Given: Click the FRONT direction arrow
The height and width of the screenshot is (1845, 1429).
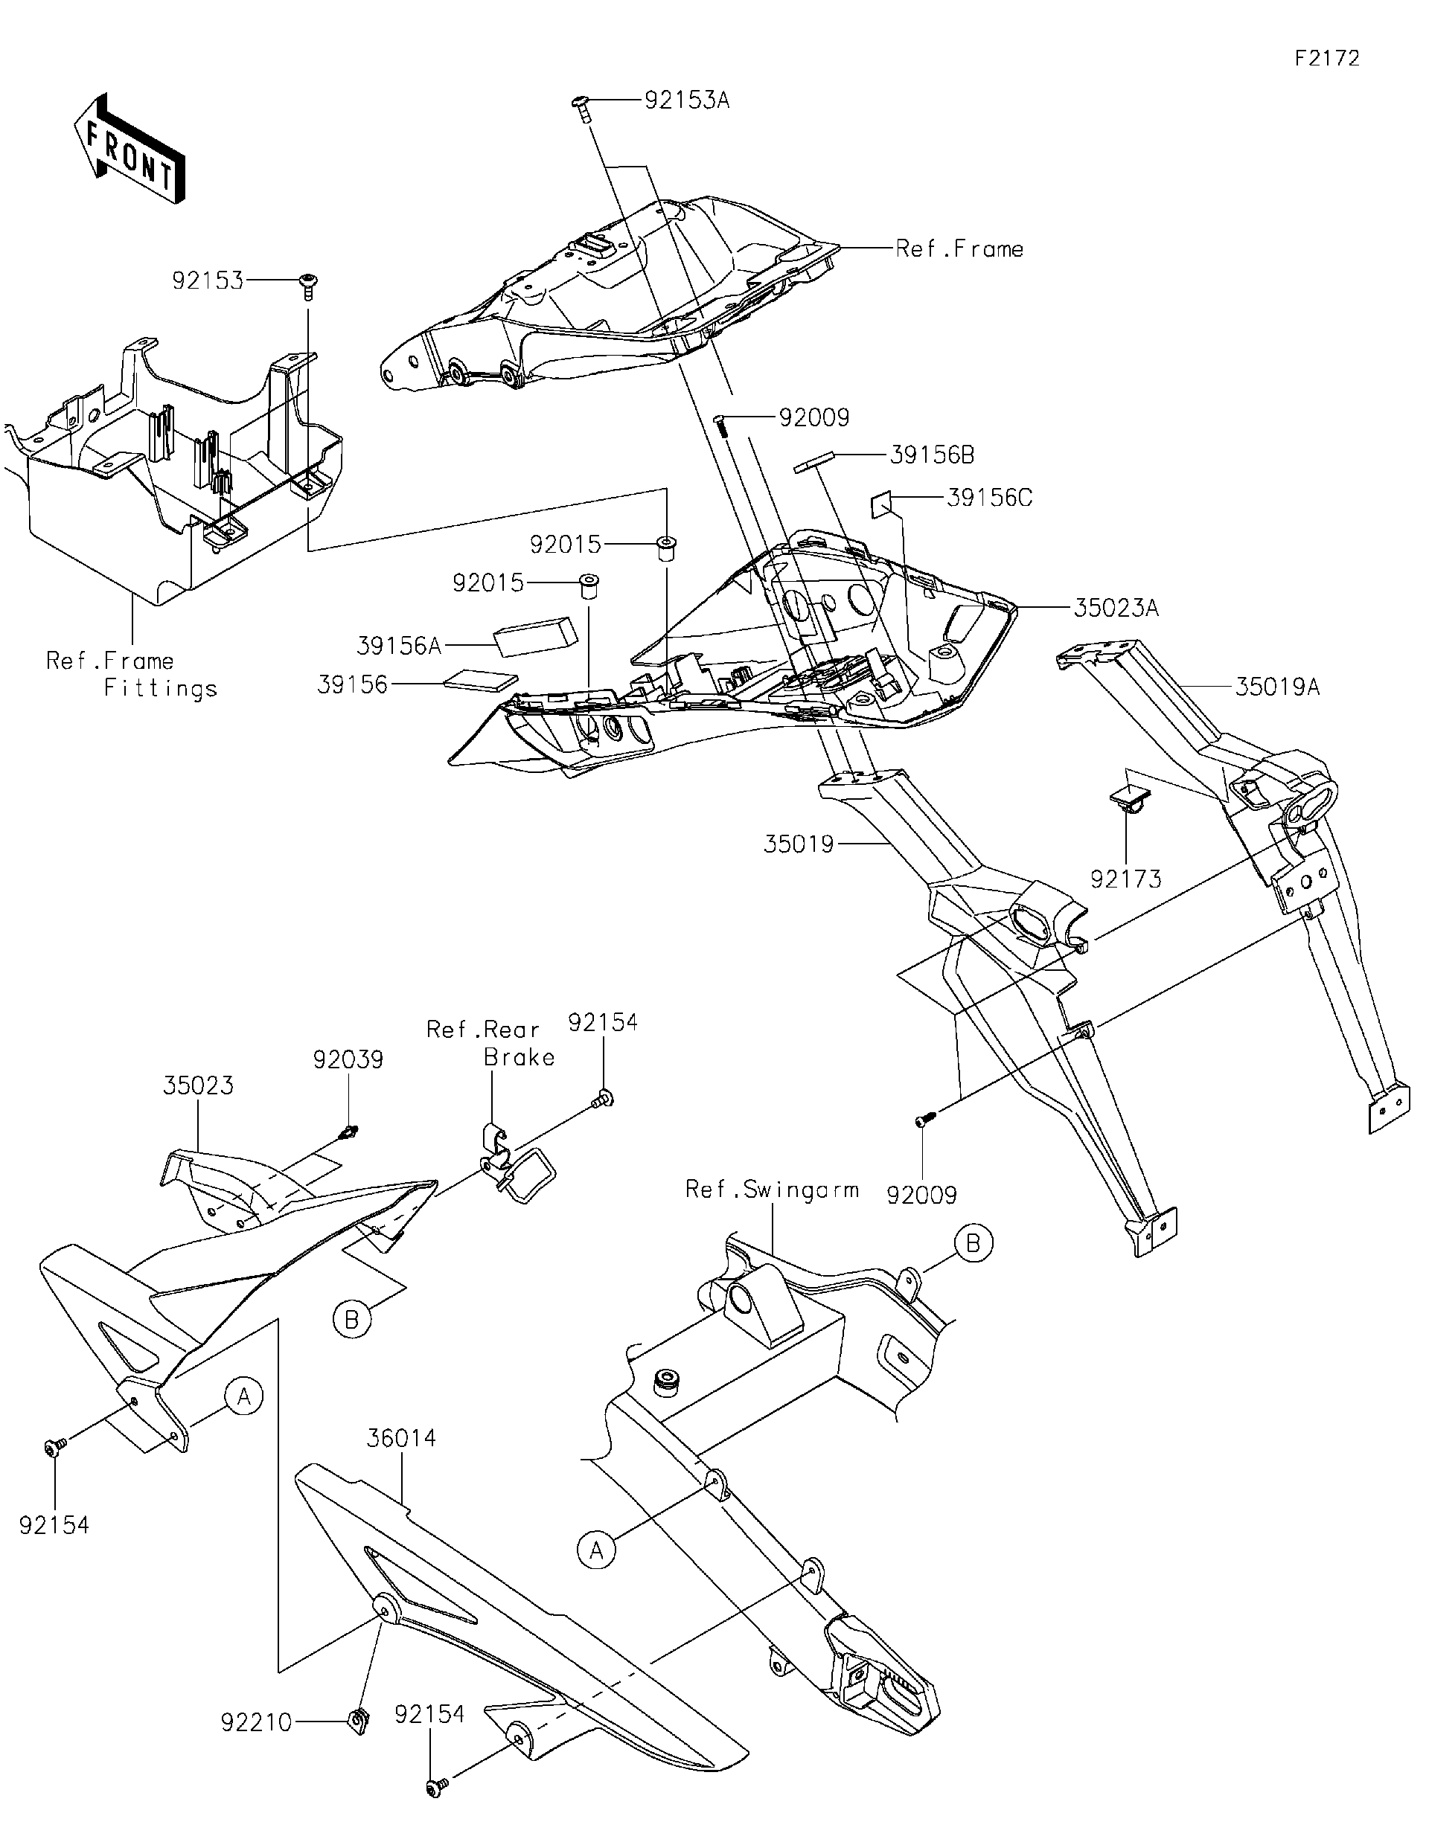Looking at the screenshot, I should (x=130, y=150).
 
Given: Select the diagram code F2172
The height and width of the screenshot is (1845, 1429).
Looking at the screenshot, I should (x=1327, y=58).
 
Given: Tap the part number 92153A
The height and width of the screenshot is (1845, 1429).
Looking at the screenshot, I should (x=686, y=101).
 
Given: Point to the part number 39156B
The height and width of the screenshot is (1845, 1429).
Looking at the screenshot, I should (x=931, y=455).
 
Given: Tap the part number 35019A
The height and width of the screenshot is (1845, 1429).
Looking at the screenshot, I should (x=1277, y=687).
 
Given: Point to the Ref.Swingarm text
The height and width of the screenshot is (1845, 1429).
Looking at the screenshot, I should (x=772, y=1190).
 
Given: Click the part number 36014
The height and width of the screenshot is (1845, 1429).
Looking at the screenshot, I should (x=401, y=1438).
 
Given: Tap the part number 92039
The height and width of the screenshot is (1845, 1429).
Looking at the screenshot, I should (x=348, y=1059).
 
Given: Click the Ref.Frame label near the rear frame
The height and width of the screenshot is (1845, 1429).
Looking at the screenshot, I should (x=959, y=249).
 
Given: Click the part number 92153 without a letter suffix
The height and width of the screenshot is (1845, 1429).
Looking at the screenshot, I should (x=207, y=280).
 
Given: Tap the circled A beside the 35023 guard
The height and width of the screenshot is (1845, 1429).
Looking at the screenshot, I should (x=243, y=1396).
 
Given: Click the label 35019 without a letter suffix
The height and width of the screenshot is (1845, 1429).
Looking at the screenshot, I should (x=799, y=844).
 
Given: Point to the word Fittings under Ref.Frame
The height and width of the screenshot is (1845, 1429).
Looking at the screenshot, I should (x=161, y=688).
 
